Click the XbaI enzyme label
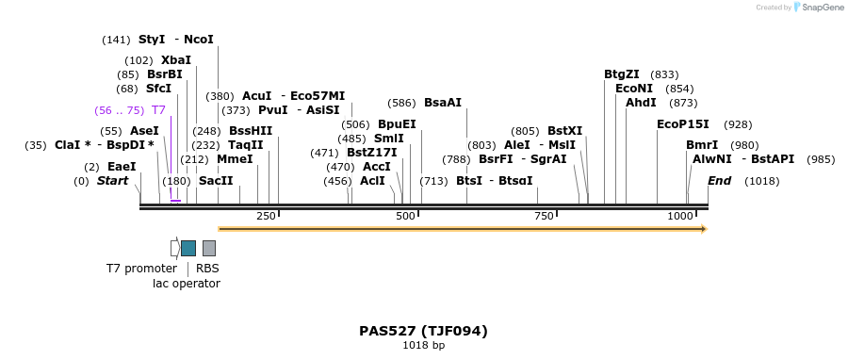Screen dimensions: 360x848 tap(176, 59)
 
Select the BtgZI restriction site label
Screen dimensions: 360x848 tap(622, 74)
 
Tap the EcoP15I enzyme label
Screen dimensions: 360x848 tap(682, 124)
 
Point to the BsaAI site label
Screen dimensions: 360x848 tap(443, 103)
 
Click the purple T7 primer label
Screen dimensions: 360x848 tap(158, 110)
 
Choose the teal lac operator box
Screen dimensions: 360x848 tap(188, 248)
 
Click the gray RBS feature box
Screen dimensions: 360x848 tap(209, 248)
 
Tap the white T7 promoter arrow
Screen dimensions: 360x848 tap(175, 248)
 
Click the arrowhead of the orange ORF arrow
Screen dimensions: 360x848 tap(703, 228)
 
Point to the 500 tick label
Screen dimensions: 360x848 tap(405, 217)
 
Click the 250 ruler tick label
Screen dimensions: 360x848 tap(266, 217)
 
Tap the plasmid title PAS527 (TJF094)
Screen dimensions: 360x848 tap(423, 331)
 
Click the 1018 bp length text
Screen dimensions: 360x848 tap(423, 346)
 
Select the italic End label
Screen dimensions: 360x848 tap(719, 181)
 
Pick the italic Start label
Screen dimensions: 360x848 tap(112, 181)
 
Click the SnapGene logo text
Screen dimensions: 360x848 tap(818, 8)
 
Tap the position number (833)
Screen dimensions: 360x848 tap(664, 74)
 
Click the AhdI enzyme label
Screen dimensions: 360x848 tap(641, 103)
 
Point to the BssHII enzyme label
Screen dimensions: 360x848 tap(251, 131)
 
